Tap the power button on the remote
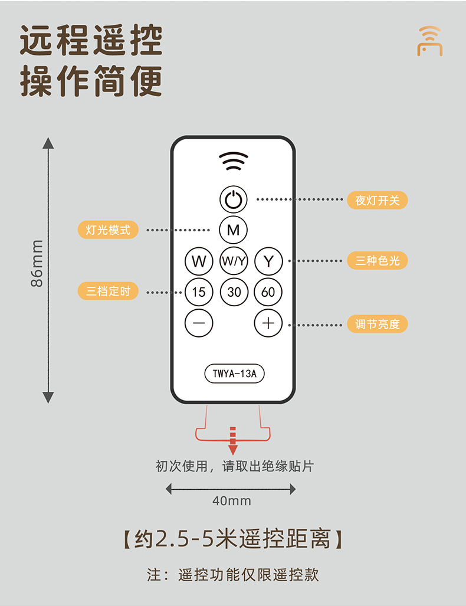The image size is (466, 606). (234, 199)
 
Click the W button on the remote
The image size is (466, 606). (199, 261)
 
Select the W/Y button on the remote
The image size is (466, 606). (234, 261)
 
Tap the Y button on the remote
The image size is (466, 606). (268, 261)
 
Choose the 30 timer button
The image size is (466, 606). (234, 292)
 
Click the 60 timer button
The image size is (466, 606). (268, 292)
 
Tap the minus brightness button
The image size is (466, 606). (199, 323)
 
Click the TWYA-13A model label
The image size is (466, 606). (234, 374)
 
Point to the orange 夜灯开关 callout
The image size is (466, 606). (377, 200)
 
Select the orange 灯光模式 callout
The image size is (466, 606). (108, 230)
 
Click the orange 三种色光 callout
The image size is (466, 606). (377, 260)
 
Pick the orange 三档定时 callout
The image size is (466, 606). (108, 291)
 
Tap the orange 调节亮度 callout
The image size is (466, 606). (377, 323)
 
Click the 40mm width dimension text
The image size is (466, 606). (231, 501)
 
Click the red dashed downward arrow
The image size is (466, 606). (232, 441)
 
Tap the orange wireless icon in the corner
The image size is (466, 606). (429, 41)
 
